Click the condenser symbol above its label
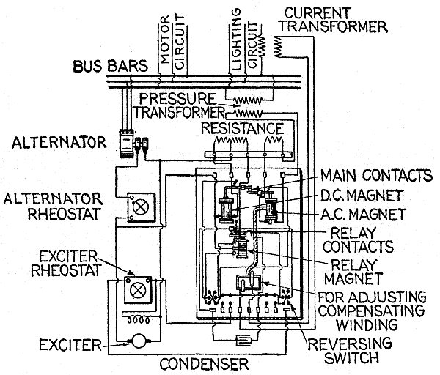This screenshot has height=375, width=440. pyautogui.click(x=246, y=341)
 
